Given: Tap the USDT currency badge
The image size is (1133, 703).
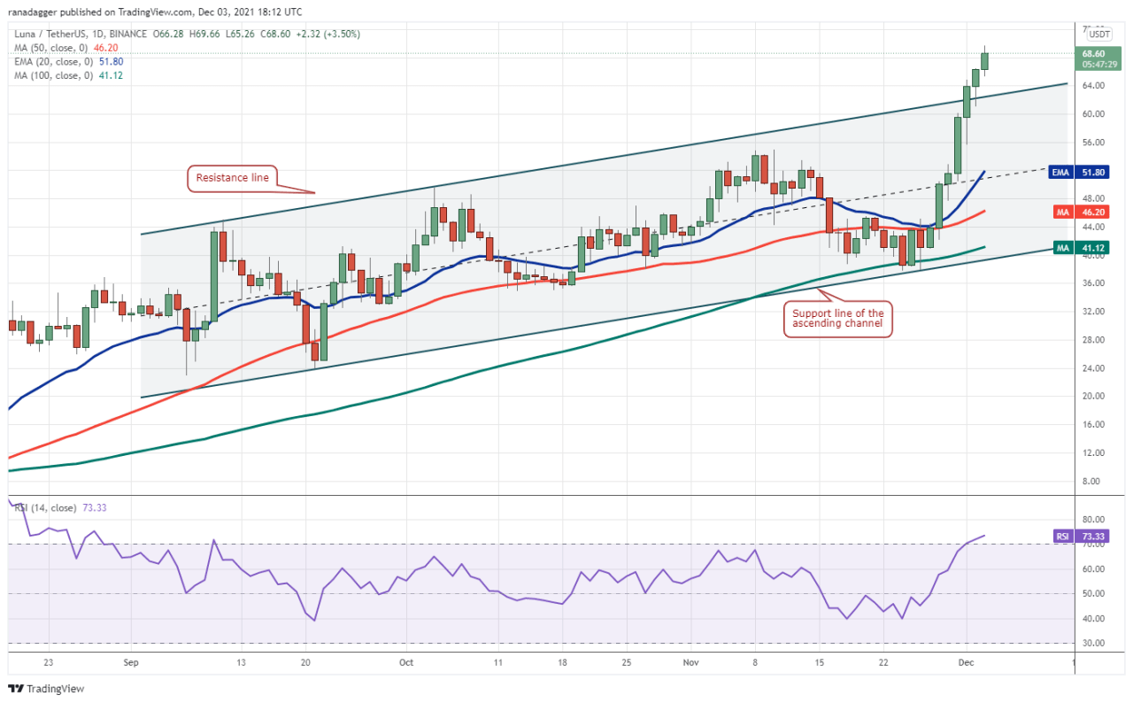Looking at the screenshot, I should coord(1098,34).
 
